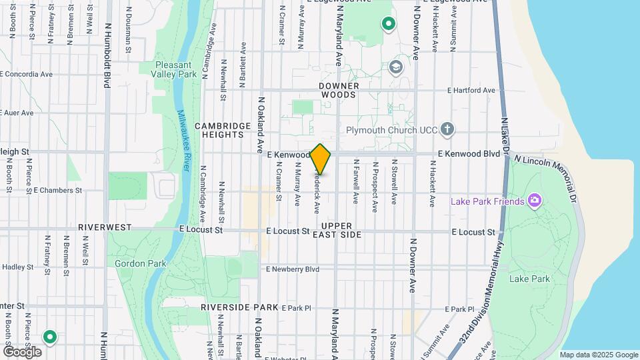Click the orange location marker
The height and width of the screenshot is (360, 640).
321,159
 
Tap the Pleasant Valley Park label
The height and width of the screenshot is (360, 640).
176,69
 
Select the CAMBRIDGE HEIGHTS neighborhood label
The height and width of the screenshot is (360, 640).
219,130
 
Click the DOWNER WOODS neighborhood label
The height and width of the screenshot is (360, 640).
339,91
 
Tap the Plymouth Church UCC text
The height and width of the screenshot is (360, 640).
391,130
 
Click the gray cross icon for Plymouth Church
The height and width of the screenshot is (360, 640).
447,129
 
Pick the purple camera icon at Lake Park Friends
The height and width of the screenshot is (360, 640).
534,200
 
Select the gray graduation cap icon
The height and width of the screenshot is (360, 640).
396,67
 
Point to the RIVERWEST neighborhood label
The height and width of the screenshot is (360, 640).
105,227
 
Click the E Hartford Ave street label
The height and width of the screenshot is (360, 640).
471,90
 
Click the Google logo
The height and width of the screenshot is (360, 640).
22,351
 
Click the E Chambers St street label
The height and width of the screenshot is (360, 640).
57,190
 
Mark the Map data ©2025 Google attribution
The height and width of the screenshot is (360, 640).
599,355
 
